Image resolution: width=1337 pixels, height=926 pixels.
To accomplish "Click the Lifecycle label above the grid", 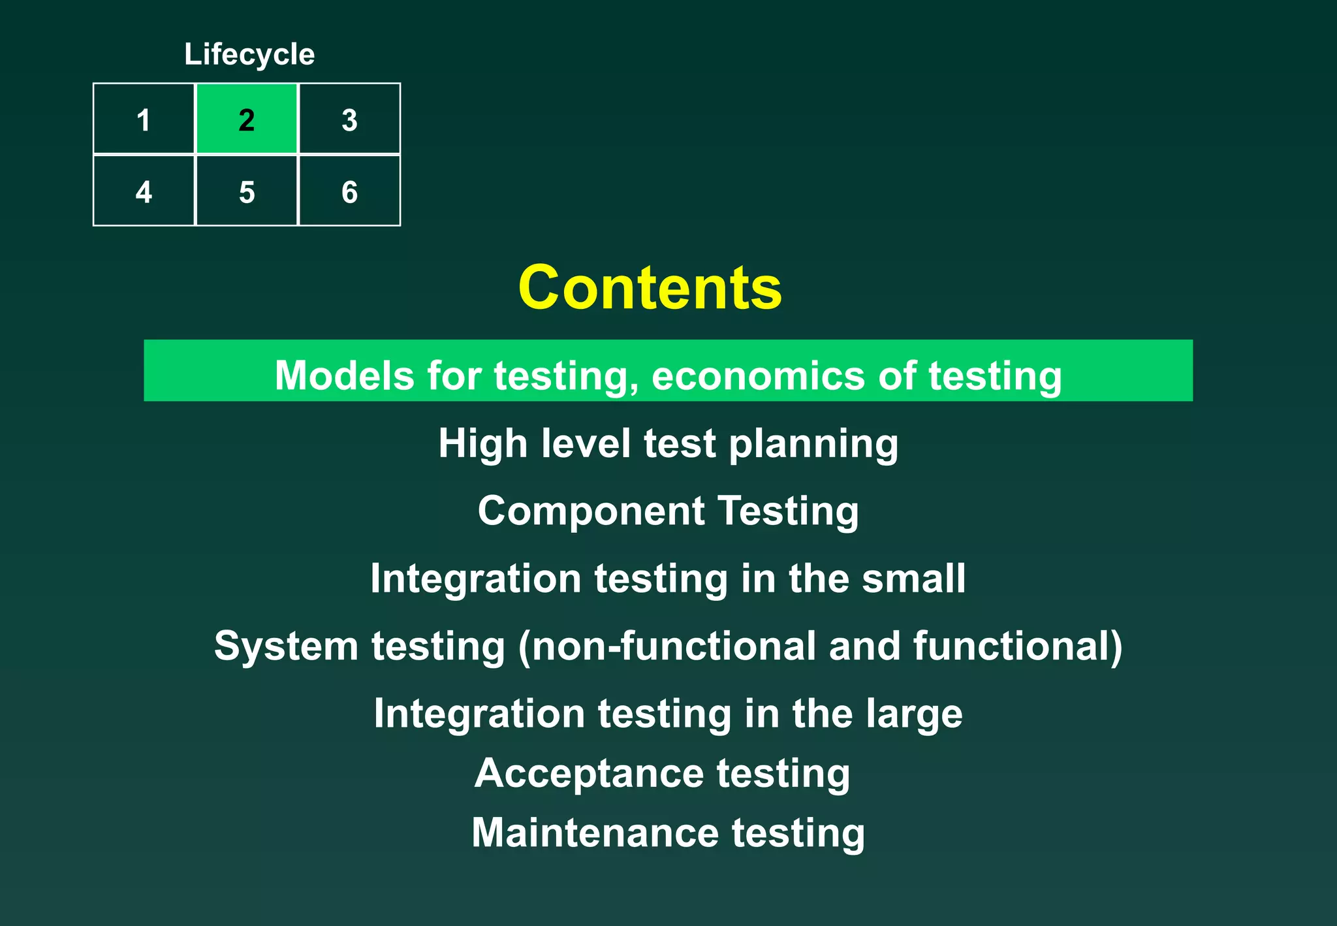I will (x=249, y=54).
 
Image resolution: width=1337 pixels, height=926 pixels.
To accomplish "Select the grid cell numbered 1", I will (x=144, y=120).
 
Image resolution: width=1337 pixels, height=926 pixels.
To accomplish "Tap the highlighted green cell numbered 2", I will (x=247, y=120).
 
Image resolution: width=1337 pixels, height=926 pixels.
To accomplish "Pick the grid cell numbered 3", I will (x=349, y=120).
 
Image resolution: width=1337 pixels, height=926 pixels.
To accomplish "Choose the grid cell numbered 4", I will (x=144, y=191).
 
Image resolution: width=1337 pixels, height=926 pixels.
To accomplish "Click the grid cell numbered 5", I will (x=247, y=191).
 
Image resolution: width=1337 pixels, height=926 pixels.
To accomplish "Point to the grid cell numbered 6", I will (x=349, y=191).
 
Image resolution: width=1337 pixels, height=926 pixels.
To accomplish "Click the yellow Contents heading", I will (x=650, y=287).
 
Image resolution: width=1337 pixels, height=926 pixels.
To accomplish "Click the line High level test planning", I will (x=668, y=444).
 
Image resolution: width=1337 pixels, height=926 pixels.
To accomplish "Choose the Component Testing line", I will (x=668, y=511).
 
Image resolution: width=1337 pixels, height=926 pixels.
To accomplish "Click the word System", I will (x=286, y=646).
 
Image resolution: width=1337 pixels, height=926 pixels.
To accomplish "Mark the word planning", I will (x=813, y=444).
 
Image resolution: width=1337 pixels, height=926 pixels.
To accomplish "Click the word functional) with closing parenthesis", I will (x=1017, y=646).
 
